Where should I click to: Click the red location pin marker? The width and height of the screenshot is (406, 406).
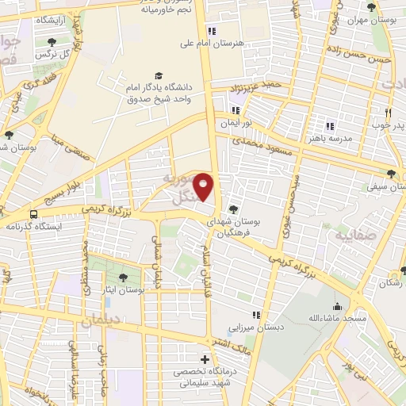tap(205, 186)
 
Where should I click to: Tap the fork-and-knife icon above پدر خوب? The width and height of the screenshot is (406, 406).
tap(389, 113)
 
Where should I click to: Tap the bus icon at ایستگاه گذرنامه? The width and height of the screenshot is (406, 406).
tap(33, 214)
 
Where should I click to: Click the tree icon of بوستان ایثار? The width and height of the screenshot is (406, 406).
tap(122, 278)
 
